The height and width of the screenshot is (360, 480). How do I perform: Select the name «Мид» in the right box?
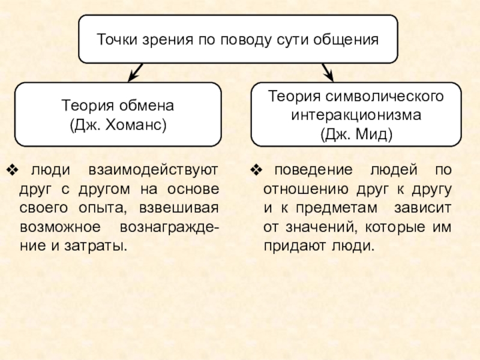click(x=372, y=133)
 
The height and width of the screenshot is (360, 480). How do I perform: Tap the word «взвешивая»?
click(x=179, y=208)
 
